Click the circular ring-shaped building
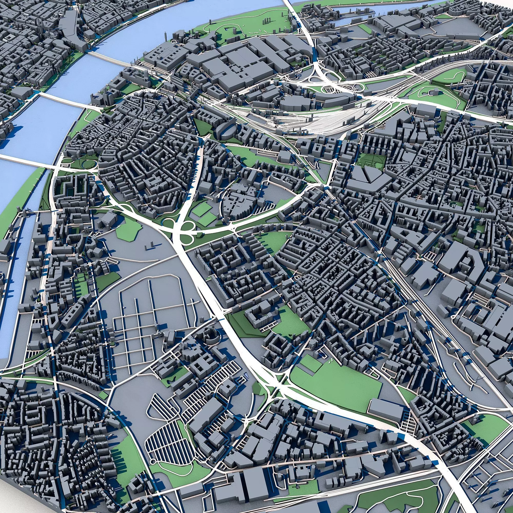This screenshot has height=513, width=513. point(211,335)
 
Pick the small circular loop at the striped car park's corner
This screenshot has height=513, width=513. point(153,460)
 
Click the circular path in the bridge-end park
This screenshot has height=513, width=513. point(88,165)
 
